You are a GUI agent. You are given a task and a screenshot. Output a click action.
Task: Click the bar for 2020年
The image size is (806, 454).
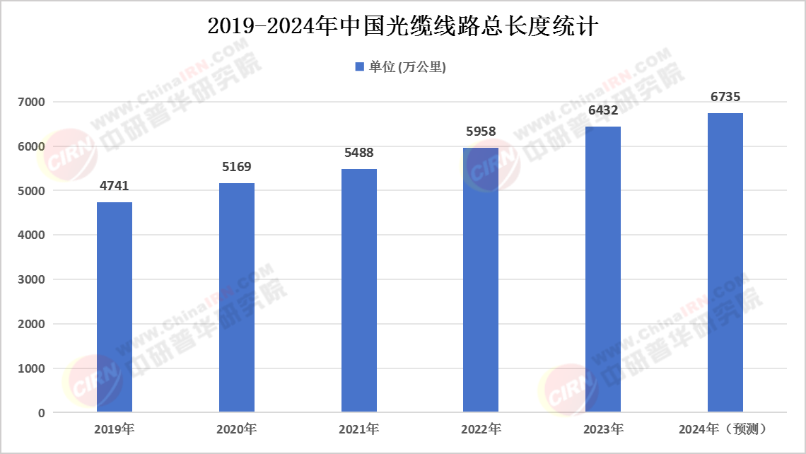[x=237, y=297]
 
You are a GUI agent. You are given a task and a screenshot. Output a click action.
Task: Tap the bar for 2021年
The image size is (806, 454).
[x=359, y=290]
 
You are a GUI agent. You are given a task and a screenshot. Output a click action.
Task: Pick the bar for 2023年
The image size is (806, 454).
[x=603, y=269]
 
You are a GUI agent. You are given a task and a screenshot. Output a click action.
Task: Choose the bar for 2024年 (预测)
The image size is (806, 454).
[x=725, y=262]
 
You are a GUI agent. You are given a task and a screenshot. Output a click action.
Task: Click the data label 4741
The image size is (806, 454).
[x=115, y=186]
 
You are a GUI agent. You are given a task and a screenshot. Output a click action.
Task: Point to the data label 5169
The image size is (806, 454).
[x=237, y=168]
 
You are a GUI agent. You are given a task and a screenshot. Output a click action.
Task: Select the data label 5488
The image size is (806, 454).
[x=359, y=153]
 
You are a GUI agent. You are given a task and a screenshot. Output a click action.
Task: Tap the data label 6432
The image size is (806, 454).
[x=603, y=110]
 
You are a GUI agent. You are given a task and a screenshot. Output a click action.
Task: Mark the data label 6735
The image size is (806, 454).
[x=725, y=97]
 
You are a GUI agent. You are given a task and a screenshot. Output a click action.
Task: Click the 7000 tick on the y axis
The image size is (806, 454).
[x=32, y=103]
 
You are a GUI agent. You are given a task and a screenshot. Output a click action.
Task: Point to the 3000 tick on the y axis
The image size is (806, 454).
[x=32, y=280]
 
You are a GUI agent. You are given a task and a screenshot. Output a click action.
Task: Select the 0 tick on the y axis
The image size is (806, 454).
[x=42, y=413]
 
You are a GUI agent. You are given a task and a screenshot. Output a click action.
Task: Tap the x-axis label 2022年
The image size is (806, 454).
[x=481, y=429]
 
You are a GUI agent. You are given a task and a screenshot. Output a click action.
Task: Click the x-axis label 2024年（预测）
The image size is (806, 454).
[x=723, y=429]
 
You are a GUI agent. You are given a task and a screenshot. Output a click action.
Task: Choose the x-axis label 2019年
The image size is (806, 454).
[x=114, y=429]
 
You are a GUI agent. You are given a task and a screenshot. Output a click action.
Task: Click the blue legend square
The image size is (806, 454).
[x=359, y=67]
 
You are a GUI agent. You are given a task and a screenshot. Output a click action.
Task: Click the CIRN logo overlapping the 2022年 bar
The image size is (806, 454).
[x=490, y=165]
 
